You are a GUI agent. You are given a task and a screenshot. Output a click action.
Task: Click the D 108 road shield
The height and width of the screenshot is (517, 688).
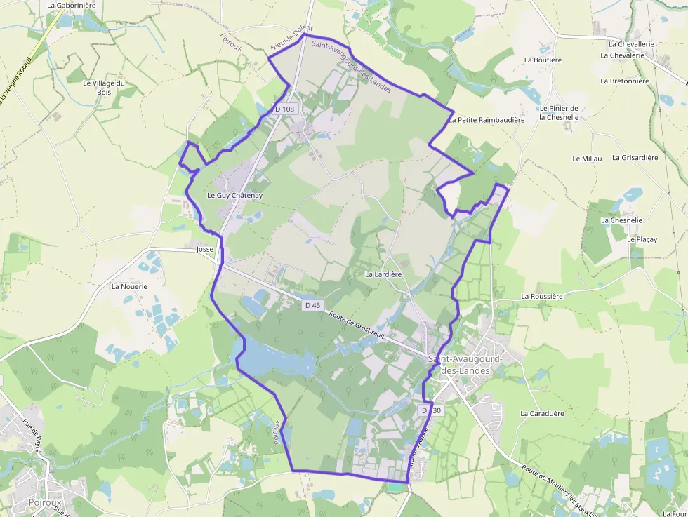coord(285,109)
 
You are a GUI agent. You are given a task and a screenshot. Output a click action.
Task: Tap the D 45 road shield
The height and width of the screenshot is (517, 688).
coord(313,305)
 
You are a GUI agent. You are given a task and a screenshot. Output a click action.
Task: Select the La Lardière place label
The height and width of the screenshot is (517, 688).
coord(383,274)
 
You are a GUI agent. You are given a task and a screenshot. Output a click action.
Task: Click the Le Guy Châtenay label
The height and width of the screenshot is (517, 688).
coord(234,195)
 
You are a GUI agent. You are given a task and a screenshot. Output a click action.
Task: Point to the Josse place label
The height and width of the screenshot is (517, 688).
coord(205,249)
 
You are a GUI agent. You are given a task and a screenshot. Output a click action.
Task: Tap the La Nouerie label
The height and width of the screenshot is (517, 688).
coord(129,286)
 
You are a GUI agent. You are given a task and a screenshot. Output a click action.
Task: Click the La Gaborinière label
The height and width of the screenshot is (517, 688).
coord(71,4)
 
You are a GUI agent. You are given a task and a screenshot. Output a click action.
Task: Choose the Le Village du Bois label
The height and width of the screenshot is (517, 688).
coord(104,88)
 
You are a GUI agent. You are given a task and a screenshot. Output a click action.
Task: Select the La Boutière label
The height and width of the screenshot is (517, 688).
coord(543,60)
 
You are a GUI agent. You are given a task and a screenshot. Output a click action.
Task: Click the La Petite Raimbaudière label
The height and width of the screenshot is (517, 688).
coord(487,120)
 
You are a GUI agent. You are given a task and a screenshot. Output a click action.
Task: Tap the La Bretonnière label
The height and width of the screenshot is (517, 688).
coord(625,81)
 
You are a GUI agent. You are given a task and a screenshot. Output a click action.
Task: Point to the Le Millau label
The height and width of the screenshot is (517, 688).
coord(588,159)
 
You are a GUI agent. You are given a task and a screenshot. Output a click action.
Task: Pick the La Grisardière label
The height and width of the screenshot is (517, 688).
coord(635,158)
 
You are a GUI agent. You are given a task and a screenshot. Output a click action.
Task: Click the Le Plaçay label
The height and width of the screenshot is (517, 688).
coord(642,239)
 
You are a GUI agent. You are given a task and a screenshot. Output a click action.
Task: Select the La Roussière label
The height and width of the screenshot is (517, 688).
coord(542,296)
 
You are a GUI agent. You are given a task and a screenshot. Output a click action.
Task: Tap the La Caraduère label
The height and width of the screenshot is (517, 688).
coord(542,413)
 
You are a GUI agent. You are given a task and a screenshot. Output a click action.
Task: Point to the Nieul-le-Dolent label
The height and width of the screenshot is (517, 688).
coord(291,38)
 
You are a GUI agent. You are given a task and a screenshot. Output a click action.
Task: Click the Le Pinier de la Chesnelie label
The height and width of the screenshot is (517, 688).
coord(559,113)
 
